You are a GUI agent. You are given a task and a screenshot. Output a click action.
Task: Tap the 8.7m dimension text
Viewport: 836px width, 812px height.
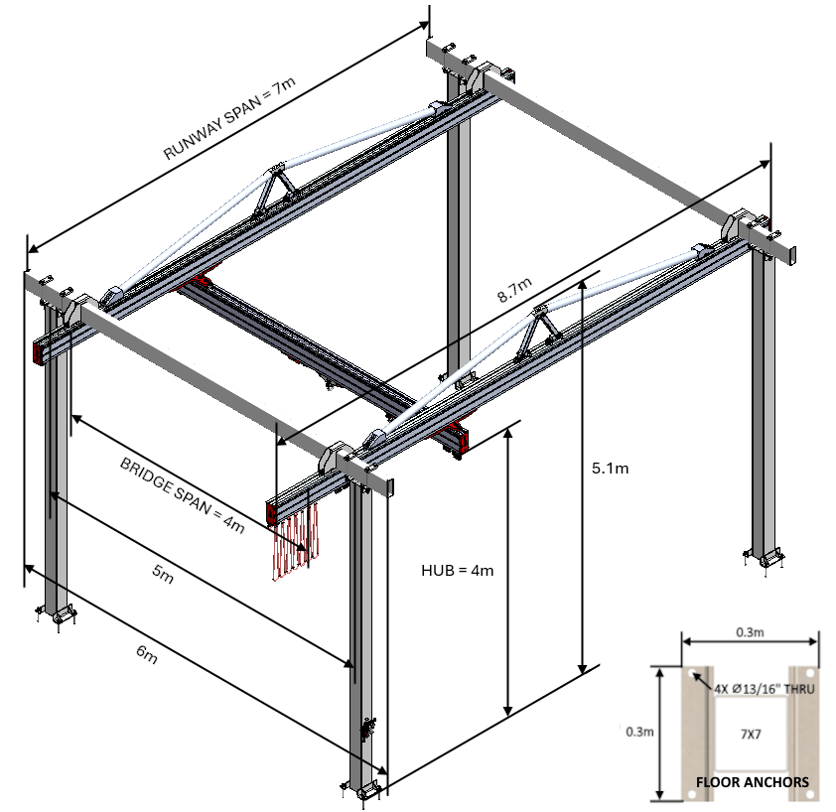[x=517, y=290]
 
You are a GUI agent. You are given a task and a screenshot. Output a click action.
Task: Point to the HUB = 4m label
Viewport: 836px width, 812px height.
[x=457, y=570]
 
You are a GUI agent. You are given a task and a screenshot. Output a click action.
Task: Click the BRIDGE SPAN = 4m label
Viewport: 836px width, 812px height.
[x=182, y=495]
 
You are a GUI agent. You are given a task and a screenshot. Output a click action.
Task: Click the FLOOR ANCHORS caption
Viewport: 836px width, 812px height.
[x=752, y=782]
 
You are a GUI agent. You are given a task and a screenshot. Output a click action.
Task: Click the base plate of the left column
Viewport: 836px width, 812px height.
[x=60, y=616]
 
